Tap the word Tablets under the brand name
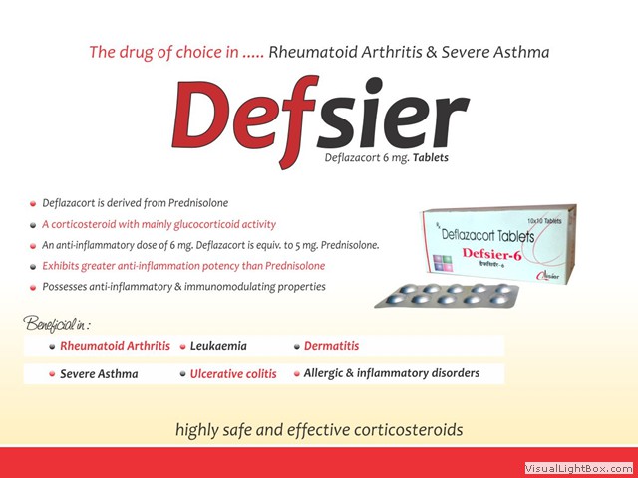(431, 157)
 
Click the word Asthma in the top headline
(521, 52)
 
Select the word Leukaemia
(218, 346)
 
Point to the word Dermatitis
(331, 346)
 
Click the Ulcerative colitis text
(233, 374)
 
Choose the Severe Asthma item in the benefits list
(99, 374)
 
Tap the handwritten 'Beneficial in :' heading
(56, 324)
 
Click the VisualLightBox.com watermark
(578, 469)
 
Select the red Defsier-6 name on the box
(491, 254)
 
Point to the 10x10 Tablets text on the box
(544, 221)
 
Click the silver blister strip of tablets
(447, 295)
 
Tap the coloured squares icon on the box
(443, 263)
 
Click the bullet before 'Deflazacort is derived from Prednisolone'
(33, 203)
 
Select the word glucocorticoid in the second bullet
(206, 224)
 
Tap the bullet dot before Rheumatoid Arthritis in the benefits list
(52, 347)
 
